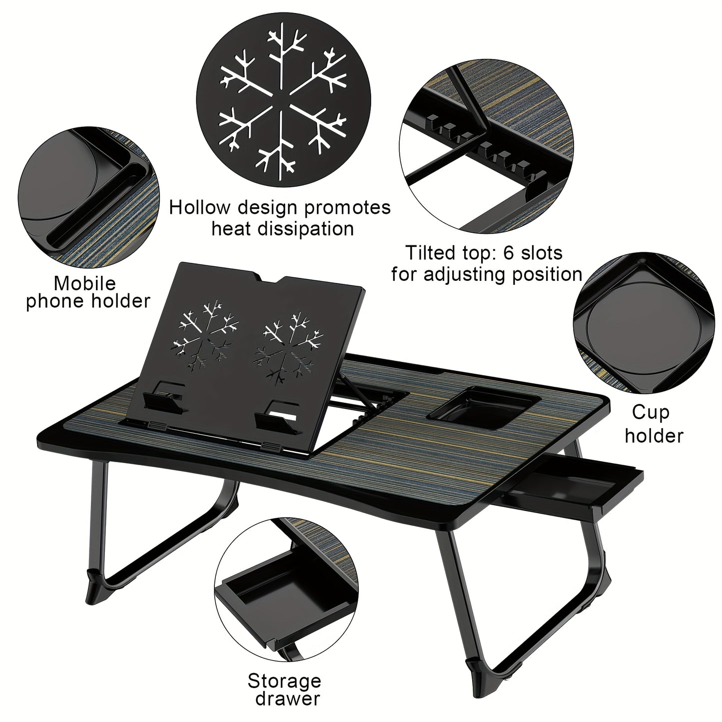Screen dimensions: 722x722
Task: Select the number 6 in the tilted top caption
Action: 508,253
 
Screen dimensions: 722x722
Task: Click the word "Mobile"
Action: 84,283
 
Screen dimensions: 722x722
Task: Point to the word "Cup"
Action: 650,412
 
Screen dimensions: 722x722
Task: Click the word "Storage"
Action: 284,681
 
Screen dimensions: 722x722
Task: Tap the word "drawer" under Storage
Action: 287,698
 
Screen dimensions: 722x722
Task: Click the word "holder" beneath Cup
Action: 654,436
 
